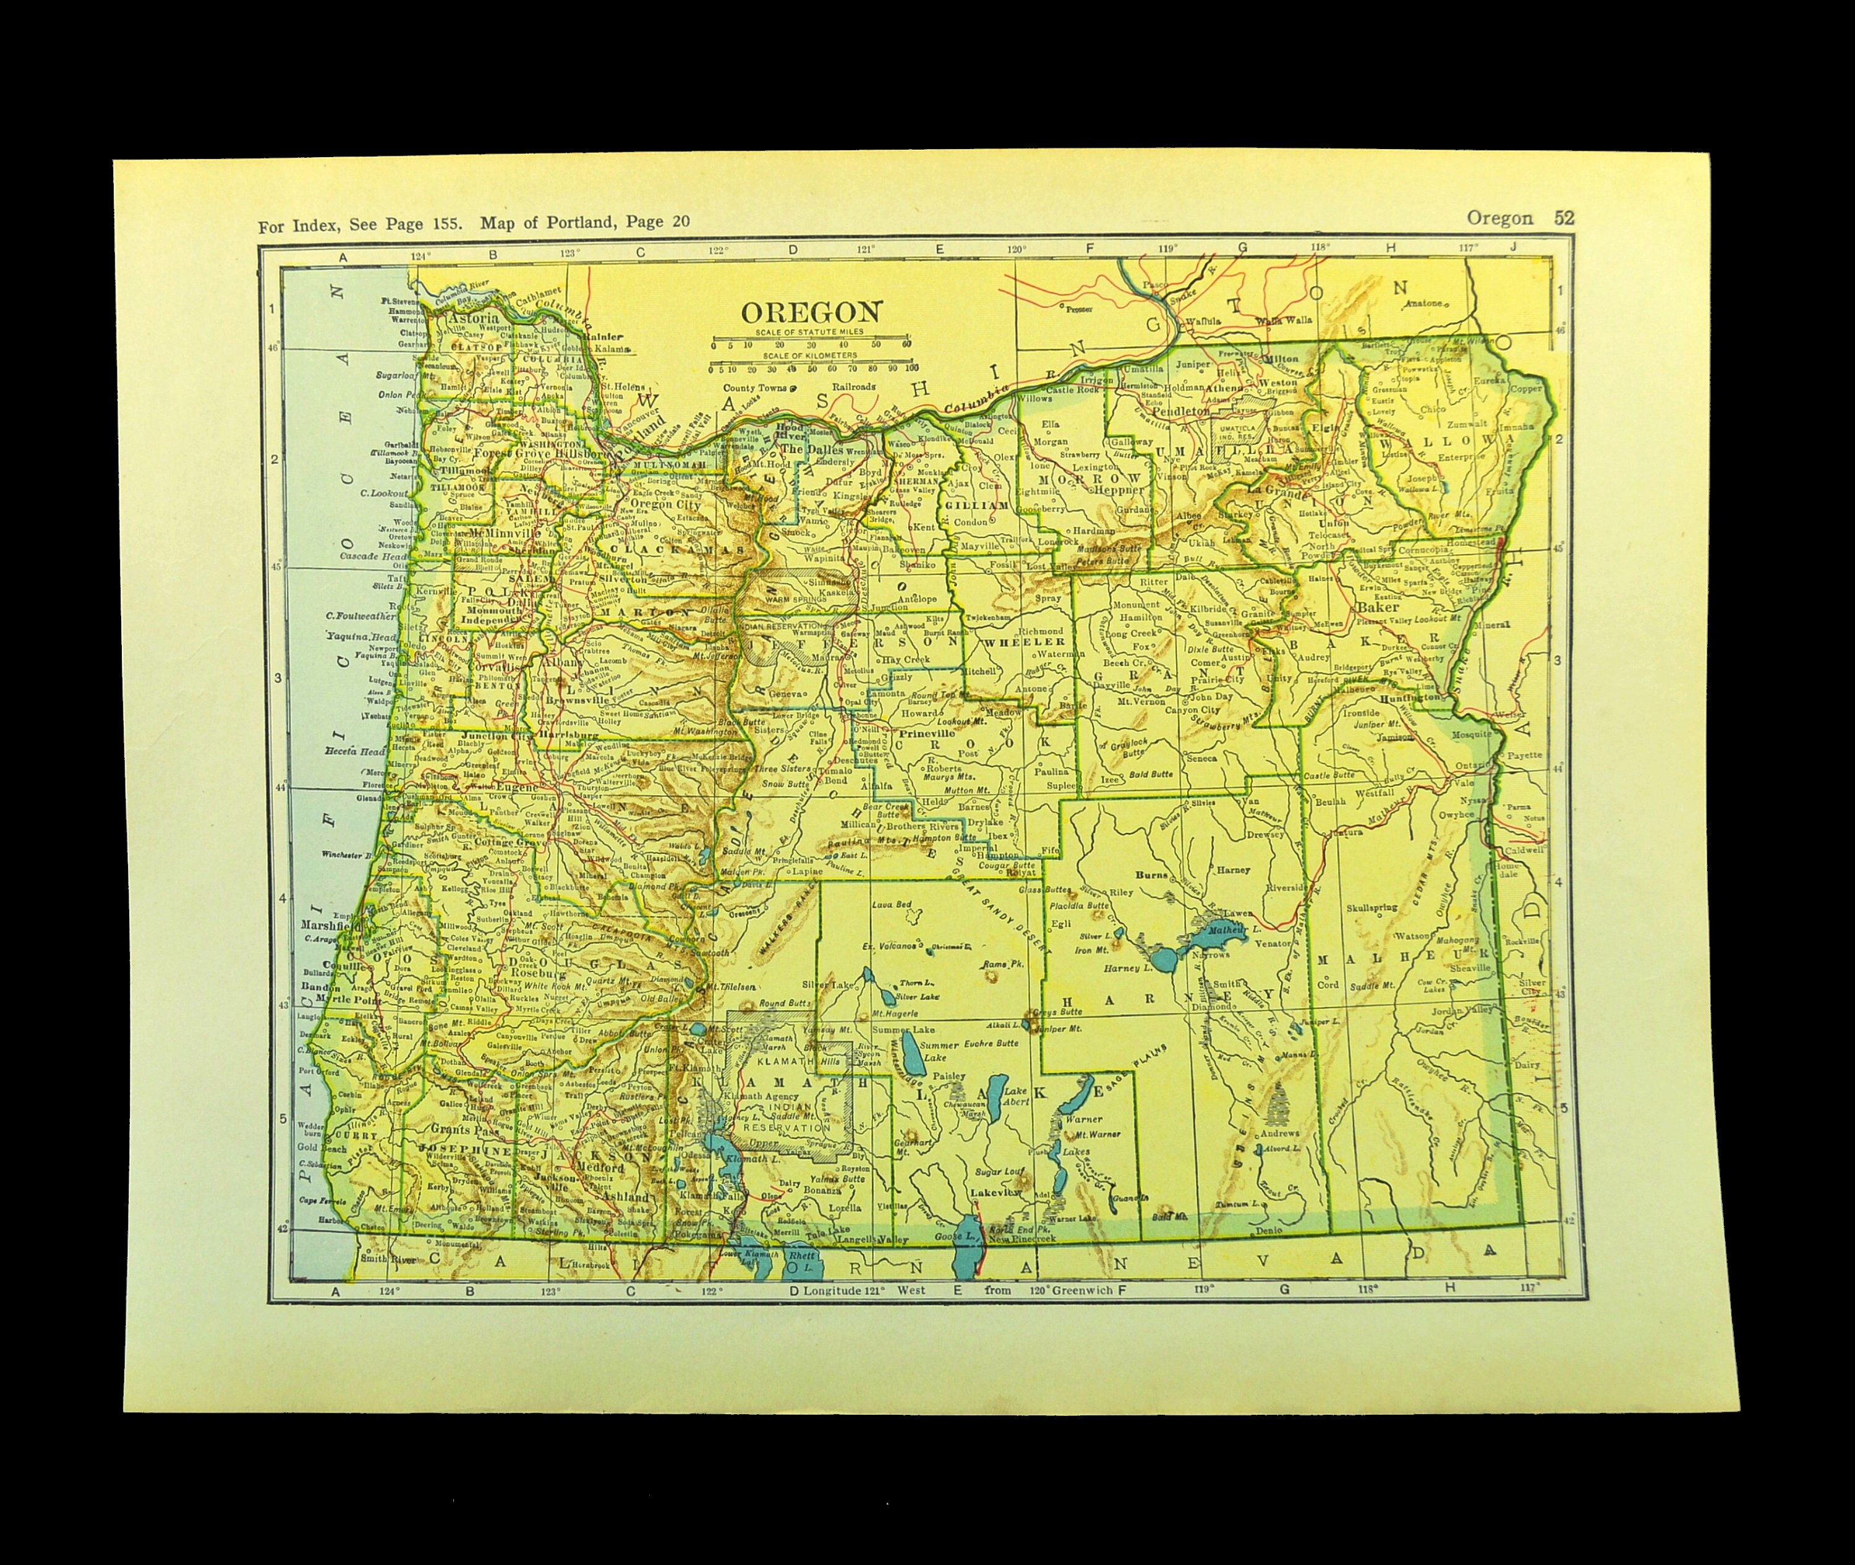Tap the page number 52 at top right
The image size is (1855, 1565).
click(x=1563, y=218)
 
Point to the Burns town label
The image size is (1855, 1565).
click(x=1153, y=874)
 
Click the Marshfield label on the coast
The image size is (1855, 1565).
click(x=329, y=924)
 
